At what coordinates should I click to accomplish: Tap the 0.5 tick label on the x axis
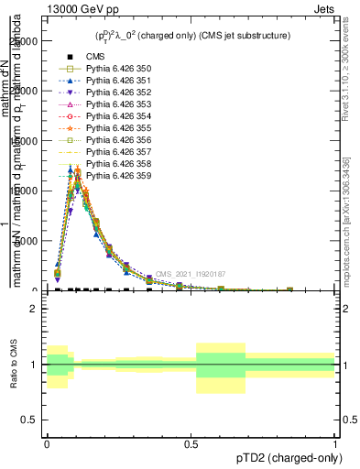tap(191, 443)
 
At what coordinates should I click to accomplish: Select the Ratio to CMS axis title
tap(13, 364)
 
